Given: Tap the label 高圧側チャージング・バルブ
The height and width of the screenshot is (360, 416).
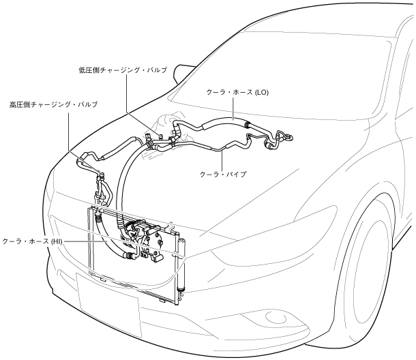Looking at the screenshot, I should coord(53,104).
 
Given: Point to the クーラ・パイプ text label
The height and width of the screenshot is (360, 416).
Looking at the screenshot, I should coord(223,174).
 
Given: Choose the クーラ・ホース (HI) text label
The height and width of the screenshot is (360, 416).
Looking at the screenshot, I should coord(32,242).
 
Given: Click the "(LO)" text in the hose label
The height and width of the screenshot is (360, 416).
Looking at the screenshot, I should coord(261,93).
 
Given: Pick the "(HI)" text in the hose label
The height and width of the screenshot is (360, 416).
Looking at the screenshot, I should coord(55,242).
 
